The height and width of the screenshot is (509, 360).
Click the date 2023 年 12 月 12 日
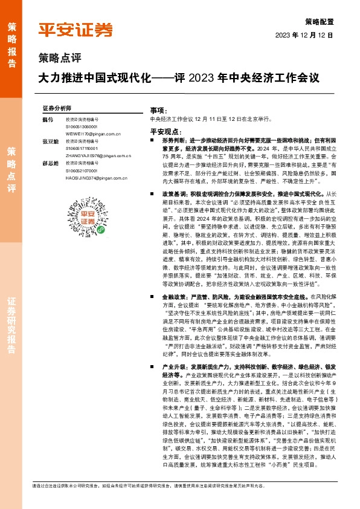point(304,35)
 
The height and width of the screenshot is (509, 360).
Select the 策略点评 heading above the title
point(59,58)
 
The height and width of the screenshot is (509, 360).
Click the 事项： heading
point(158,111)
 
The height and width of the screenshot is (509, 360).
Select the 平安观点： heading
point(164,131)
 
